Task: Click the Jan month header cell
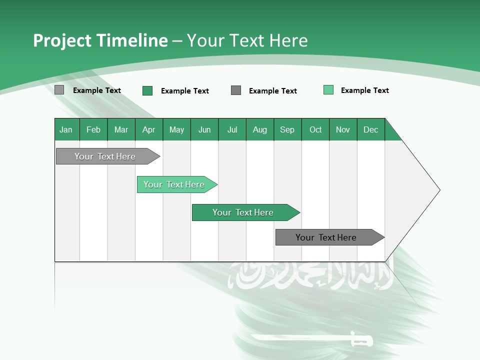[66, 129]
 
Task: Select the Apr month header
[149, 129]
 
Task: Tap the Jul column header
[232, 129]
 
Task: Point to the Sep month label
[287, 129]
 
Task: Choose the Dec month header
[370, 129]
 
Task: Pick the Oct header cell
[315, 129]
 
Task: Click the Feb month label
[93, 129]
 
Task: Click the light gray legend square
[59, 90]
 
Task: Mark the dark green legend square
[147, 90]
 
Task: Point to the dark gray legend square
[236, 90]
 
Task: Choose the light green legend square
[328, 90]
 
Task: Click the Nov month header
[343, 129]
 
